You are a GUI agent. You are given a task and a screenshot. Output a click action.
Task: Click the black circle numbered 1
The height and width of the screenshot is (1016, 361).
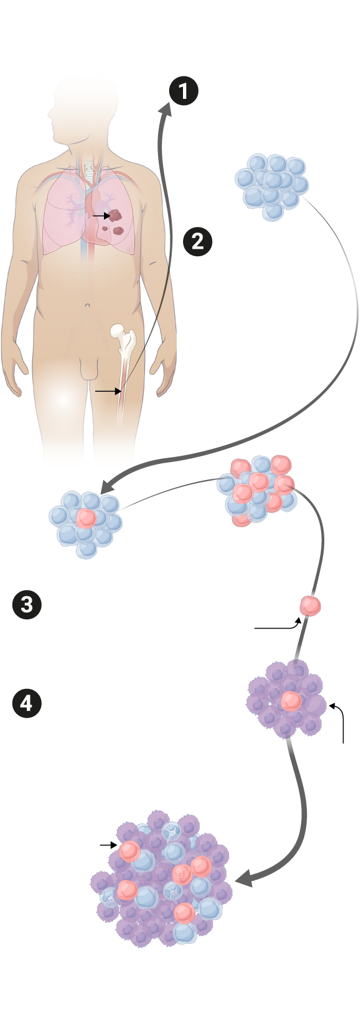pyautogui.click(x=184, y=91)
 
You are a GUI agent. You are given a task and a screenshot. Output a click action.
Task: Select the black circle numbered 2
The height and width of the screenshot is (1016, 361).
pyautogui.click(x=197, y=241)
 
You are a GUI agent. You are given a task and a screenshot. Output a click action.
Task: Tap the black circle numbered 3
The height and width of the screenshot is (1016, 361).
pyautogui.click(x=27, y=605)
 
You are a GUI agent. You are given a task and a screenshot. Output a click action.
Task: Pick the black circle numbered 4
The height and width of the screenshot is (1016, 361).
pyautogui.click(x=27, y=703)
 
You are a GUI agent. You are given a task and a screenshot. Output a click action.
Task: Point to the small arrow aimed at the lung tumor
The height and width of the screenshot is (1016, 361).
pyautogui.click(x=101, y=216)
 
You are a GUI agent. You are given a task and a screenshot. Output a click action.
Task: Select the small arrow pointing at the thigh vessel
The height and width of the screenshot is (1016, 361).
pyautogui.click(x=108, y=390)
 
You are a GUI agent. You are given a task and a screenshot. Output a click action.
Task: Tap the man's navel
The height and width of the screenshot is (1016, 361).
pyautogui.click(x=87, y=306)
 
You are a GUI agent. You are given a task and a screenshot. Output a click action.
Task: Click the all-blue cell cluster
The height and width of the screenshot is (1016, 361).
pyautogui.click(x=272, y=186)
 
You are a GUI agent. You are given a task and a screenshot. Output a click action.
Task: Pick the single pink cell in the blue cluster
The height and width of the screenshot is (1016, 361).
pyautogui.click(x=86, y=517)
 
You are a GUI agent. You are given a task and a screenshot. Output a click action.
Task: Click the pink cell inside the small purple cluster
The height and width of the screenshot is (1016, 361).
pyautogui.click(x=291, y=701)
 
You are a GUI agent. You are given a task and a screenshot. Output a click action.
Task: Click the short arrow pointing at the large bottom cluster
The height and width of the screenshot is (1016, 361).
pyautogui.click(x=108, y=844)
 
